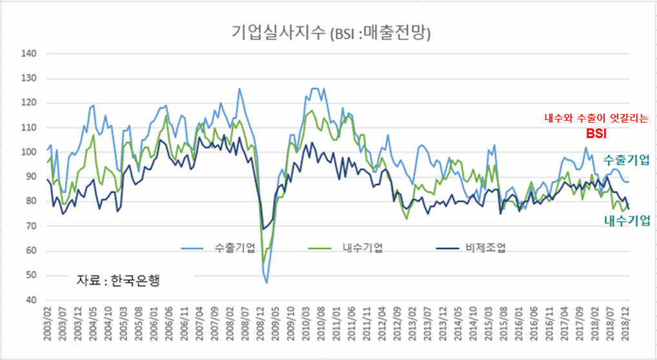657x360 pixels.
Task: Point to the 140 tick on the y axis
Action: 29,54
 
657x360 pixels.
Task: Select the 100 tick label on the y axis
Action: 29,152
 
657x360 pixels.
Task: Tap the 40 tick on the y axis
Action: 30,301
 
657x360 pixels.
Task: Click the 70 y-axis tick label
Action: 30,226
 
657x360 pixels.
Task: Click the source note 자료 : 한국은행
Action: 118,281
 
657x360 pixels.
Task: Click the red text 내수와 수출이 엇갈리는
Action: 596,119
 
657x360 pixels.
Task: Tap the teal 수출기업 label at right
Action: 626,160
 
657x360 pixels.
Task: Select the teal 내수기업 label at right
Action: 626,221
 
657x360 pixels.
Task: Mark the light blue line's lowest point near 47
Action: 267,283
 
